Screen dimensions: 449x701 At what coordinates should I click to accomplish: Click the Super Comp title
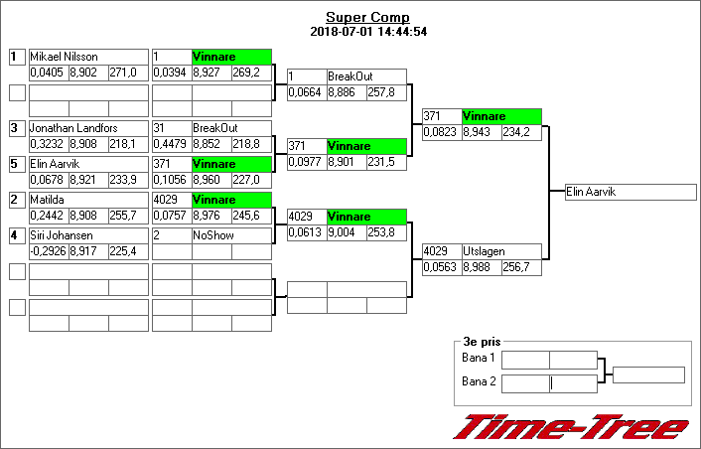coord(367,17)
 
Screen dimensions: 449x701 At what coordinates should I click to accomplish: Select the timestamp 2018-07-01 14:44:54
coord(367,31)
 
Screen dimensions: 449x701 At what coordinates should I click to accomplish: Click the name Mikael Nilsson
coord(70,57)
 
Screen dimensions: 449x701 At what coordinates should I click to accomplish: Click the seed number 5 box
coord(16,164)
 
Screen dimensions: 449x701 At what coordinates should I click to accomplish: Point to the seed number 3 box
coord(16,128)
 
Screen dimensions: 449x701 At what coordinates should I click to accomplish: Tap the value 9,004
coord(345,231)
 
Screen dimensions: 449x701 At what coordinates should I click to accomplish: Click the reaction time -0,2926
coord(47,251)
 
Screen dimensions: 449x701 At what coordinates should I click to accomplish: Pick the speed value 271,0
coord(126,73)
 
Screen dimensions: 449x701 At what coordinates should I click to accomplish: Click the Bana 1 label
coord(479,358)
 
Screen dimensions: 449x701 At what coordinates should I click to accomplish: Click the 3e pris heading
coord(482,340)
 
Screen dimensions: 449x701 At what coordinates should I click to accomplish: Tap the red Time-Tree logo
coord(571,428)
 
